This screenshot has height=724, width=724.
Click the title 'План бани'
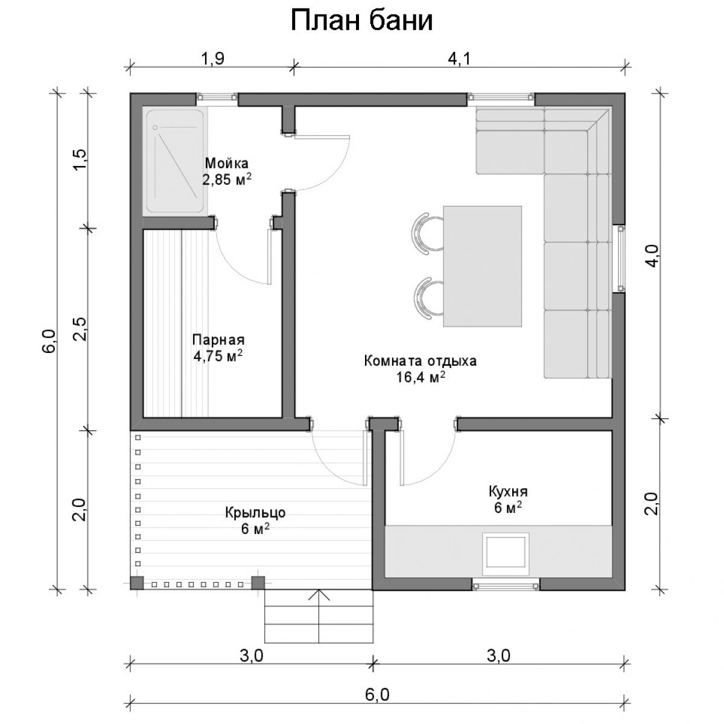coord(361,21)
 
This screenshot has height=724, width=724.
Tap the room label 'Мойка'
coord(227,164)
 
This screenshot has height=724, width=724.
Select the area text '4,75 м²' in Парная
coord(218,355)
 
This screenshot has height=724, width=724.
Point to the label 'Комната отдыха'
coord(421,361)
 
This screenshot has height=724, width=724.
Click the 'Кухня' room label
coord(508,492)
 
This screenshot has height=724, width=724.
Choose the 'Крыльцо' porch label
coord(255,512)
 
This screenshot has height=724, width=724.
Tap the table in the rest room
coord(483,267)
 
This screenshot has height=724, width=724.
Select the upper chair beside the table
coord(428,233)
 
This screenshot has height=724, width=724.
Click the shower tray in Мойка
coord(175,162)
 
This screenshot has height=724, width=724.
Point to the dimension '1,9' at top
coord(212,59)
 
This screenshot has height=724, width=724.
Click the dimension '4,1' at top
coord(459,59)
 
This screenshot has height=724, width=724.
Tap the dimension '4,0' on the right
coord(653,256)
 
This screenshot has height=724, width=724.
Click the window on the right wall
coord(618,258)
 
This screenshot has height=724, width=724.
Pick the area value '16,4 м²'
coord(421,377)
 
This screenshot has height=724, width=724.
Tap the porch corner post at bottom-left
coord(137,583)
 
